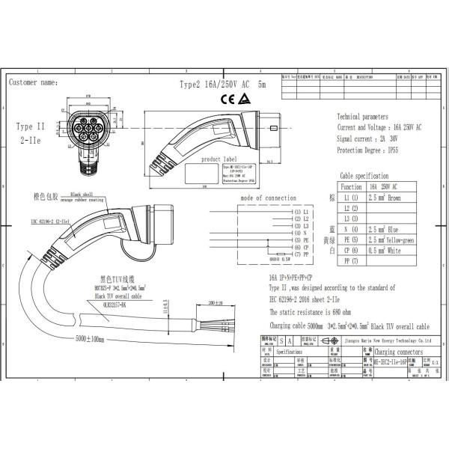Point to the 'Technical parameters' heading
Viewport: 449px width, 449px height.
point(363,117)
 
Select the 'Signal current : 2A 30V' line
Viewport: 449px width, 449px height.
point(366,138)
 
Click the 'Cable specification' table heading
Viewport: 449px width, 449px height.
point(364,174)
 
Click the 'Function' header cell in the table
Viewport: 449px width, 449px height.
point(351,186)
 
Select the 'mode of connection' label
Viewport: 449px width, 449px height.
point(268,198)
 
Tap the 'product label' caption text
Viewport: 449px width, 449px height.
point(219,159)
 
